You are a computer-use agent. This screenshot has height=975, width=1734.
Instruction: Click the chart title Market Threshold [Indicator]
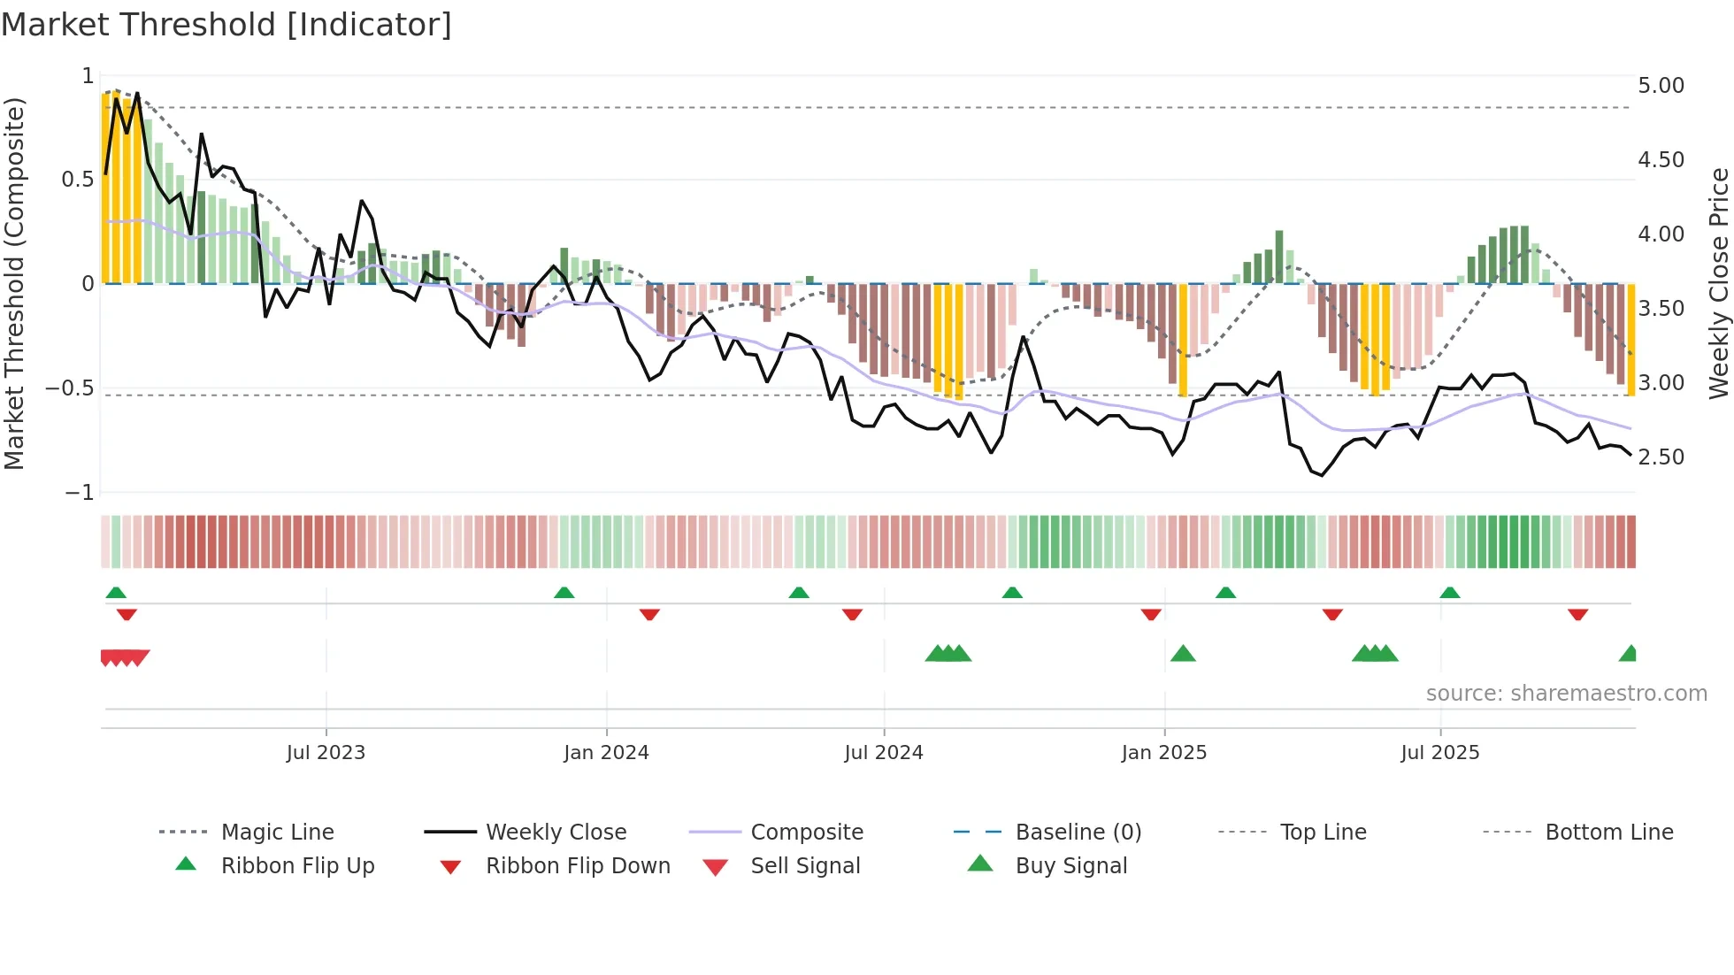click(226, 25)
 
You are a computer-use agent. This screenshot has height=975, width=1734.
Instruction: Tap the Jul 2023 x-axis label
click(326, 753)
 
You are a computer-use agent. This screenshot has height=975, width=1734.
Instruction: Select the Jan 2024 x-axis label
click(606, 753)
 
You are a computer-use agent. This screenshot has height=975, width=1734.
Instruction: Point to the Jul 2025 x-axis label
click(1439, 753)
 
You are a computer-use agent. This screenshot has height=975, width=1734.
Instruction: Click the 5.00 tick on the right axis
click(1661, 86)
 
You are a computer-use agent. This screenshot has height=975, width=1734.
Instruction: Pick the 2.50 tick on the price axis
click(1661, 457)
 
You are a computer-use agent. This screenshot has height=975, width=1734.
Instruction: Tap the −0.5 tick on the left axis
click(69, 388)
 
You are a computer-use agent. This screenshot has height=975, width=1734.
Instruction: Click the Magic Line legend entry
click(277, 833)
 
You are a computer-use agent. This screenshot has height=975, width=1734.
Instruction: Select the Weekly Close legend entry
click(556, 833)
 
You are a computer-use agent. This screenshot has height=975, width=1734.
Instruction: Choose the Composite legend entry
click(806, 833)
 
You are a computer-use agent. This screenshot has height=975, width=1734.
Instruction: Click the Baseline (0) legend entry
click(1078, 833)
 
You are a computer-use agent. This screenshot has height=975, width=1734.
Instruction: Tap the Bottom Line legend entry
click(1608, 833)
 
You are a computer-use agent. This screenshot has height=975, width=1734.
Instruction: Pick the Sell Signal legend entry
click(804, 866)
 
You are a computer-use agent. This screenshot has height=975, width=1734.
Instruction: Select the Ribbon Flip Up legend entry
click(297, 866)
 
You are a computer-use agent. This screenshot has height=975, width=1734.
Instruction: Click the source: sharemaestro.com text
click(1566, 694)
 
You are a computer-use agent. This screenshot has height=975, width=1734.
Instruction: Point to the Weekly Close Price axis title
click(1718, 283)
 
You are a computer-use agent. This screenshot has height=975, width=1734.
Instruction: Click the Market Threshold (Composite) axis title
click(14, 283)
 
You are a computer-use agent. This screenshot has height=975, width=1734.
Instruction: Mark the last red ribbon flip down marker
click(1577, 614)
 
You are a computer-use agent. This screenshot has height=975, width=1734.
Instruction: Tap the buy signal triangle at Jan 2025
click(1183, 654)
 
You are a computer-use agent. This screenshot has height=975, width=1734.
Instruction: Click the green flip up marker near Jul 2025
click(1449, 593)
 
